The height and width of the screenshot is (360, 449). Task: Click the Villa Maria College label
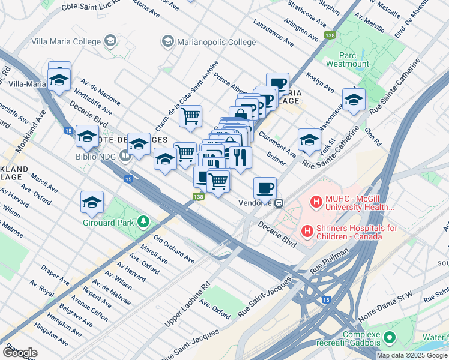pyautogui.click(x=66, y=41)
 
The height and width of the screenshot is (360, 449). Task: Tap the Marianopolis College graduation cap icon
pyautogui.click(x=167, y=41)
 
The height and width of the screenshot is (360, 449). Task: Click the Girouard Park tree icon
pyautogui.click(x=143, y=222)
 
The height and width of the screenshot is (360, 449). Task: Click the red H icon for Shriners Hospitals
pyautogui.click(x=307, y=230)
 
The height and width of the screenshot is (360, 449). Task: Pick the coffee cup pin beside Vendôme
pyautogui.click(x=265, y=188)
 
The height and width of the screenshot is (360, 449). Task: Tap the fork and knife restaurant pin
pyautogui.click(x=240, y=158)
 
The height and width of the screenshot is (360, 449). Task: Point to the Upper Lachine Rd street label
pyautogui.click(x=188, y=305)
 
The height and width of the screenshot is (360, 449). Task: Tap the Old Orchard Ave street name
pyautogui.click(x=174, y=250)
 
